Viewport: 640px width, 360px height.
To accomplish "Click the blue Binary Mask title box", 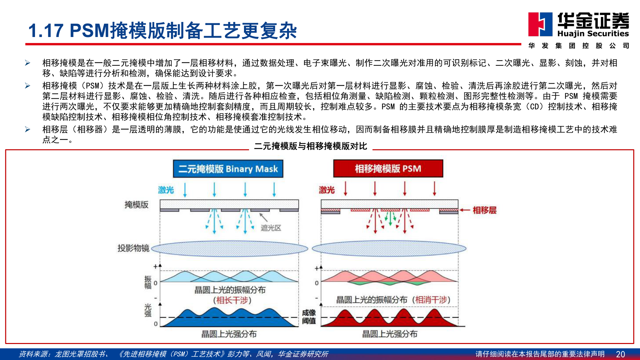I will tap(228, 169).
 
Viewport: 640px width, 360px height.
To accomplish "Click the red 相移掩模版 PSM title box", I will tap(388, 169).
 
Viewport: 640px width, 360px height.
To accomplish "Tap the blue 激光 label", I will tap(166, 190).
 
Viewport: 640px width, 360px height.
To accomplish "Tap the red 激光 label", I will tap(327, 190).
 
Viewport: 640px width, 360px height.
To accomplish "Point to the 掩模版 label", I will tap(136, 205).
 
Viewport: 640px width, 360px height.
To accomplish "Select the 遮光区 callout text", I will tap(271, 228).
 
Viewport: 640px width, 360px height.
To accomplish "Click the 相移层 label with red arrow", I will tap(484, 210).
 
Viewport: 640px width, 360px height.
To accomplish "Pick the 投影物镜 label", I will tap(133, 248).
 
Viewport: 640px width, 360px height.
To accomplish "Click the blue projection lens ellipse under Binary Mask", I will tap(229, 249).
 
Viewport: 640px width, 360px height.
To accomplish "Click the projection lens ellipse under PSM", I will tap(389, 249).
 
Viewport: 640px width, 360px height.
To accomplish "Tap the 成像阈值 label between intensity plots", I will tap(309, 317).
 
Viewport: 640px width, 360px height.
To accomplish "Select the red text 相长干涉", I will tap(232, 300).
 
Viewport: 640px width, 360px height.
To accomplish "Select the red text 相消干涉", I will tap(432, 300).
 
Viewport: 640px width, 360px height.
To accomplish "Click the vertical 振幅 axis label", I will tap(148, 282).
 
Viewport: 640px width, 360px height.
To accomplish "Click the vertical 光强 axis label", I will tap(148, 310).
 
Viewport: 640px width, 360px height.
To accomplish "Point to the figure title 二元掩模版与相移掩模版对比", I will tap(310, 146).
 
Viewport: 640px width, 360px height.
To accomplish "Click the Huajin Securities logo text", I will tap(593, 33).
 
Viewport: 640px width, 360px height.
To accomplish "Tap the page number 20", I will tap(620, 354).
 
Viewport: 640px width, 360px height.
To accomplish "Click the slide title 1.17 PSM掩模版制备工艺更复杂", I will tap(162, 31).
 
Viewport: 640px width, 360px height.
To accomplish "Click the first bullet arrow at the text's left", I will tap(28, 63).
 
